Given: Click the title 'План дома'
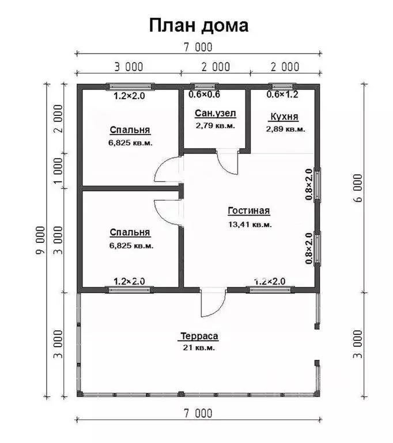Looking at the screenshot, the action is (198, 25).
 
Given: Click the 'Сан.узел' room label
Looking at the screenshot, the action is (215, 113).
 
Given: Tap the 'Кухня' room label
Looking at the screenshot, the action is (284, 117).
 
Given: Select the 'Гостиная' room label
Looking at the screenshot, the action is (249, 211).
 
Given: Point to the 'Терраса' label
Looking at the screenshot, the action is (199, 336).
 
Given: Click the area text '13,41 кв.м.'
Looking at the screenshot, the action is (250, 224).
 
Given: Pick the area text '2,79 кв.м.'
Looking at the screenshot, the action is (215, 126).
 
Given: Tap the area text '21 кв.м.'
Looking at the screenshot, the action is (199, 347).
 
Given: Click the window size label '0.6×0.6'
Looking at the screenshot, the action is (204, 95).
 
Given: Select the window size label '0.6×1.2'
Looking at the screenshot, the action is (282, 95).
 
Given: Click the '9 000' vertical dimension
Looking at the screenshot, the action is (41, 240).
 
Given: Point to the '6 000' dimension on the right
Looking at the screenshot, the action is (357, 188).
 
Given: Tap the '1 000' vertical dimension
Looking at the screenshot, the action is (58, 170).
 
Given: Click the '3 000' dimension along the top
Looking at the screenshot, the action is (129, 67).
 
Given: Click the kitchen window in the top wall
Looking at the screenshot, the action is (282, 86).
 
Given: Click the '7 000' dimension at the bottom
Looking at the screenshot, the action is (198, 414).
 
